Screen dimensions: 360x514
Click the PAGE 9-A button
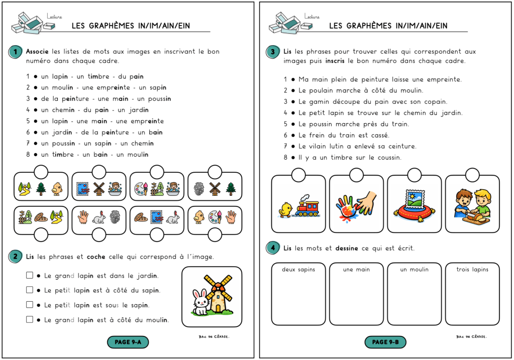point(128,342)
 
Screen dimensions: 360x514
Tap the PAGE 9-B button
point(385,342)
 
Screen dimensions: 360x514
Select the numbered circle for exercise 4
point(273,249)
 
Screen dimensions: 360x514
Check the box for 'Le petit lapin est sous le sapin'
point(30,304)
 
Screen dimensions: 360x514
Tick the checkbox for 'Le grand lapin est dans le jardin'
point(30,275)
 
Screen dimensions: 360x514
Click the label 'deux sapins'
point(298,270)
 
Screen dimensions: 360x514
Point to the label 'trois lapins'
point(472,270)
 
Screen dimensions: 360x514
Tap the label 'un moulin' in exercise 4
point(414,270)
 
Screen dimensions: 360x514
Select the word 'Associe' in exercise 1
point(38,51)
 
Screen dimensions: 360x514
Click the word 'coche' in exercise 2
point(96,257)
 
